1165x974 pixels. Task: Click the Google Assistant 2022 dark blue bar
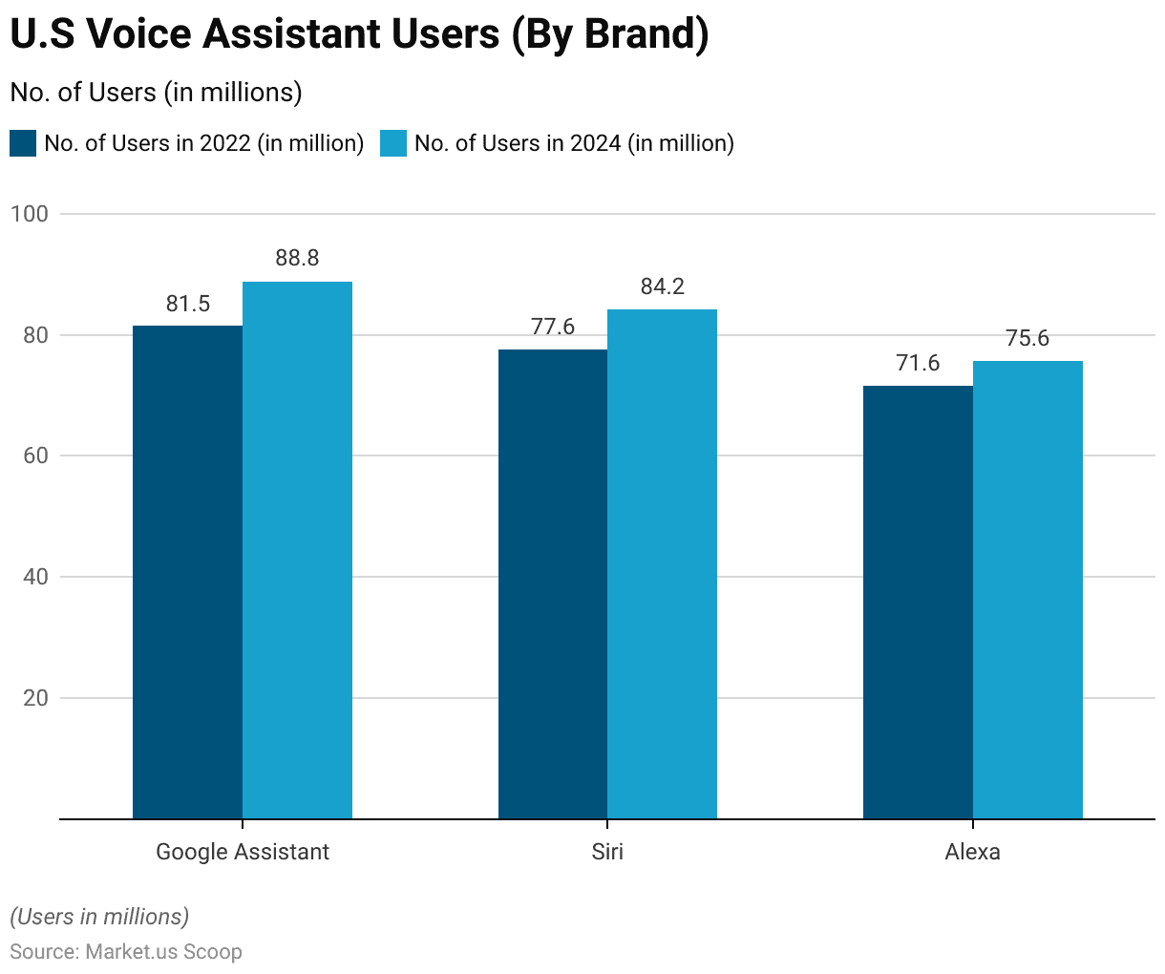[187, 572]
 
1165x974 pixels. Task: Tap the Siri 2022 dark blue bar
[553, 583]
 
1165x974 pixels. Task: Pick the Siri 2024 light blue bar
[662, 563]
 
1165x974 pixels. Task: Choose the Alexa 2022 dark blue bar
[918, 602]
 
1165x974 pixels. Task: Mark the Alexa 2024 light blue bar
[1027, 589]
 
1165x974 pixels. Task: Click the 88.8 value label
[297, 258]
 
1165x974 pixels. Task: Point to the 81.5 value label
[187, 304]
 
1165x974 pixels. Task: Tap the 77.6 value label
[553, 327]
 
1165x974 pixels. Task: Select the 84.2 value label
[662, 286]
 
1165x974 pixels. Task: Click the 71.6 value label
[918, 363]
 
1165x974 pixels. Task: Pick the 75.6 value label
[1027, 338]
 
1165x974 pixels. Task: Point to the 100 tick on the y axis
[30, 214]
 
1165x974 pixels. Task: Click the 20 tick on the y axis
[35, 698]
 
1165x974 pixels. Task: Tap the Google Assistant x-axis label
[243, 852]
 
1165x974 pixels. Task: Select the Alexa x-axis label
[972, 852]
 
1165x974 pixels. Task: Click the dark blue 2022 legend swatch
[23, 143]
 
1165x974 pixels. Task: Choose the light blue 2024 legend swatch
[393, 143]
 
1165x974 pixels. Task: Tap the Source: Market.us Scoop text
[126, 952]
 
